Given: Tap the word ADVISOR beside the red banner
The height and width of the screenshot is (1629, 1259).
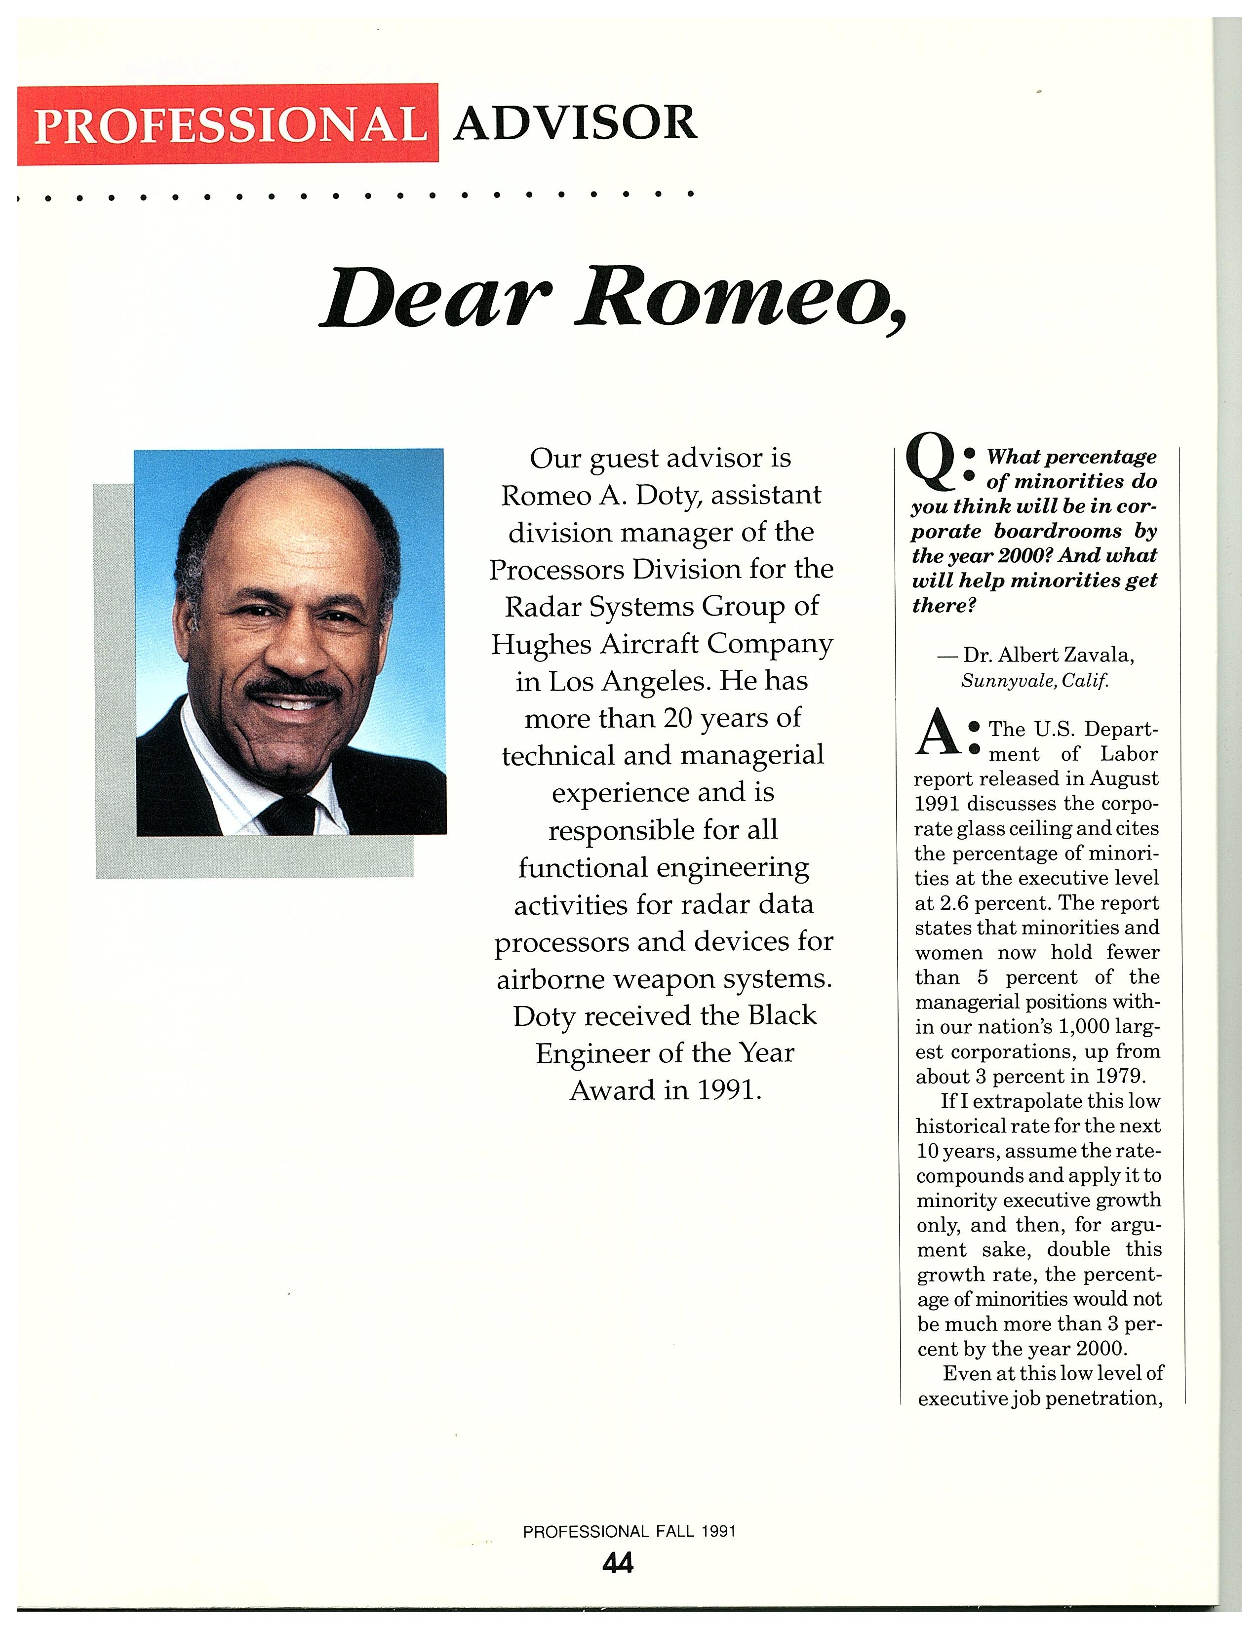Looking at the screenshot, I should pyautogui.click(x=575, y=123).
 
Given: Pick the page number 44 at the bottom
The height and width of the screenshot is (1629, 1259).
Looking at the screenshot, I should pyautogui.click(x=618, y=1562).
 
